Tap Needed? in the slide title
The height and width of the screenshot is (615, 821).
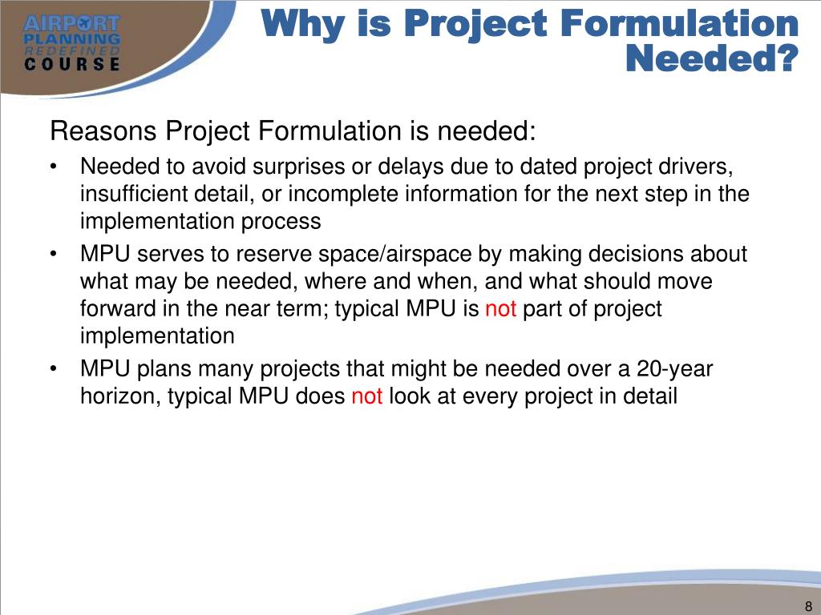[x=712, y=57]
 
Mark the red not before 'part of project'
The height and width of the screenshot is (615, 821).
[x=500, y=309]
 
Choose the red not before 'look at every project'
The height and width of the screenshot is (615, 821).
[x=366, y=396]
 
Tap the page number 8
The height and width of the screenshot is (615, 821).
[x=807, y=605]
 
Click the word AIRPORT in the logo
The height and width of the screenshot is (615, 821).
[x=71, y=24]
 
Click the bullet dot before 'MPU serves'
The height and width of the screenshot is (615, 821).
[x=53, y=255]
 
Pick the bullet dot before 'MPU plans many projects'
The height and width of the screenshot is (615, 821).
[x=53, y=370]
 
